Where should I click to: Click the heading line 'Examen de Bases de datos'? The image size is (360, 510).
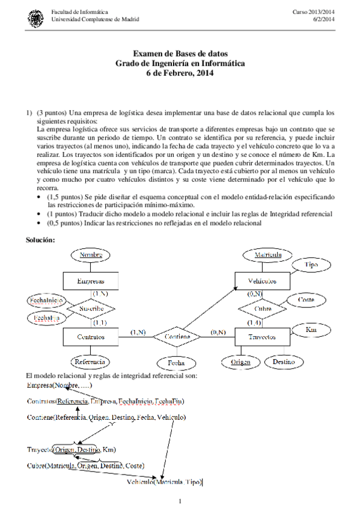tap(180, 55)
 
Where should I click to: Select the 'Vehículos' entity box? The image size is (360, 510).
tap(263, 281)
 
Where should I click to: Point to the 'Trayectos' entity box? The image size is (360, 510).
tap(263, 337)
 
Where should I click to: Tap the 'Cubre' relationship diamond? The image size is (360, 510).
tap(263, 309)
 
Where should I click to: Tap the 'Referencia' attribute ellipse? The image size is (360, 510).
tap(90, 362)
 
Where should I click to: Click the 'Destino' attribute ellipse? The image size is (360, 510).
tap(283, 362)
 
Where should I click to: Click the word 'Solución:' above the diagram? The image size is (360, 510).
tap(40, 240)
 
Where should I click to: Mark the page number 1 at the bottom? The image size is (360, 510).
tap(180, 500)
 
